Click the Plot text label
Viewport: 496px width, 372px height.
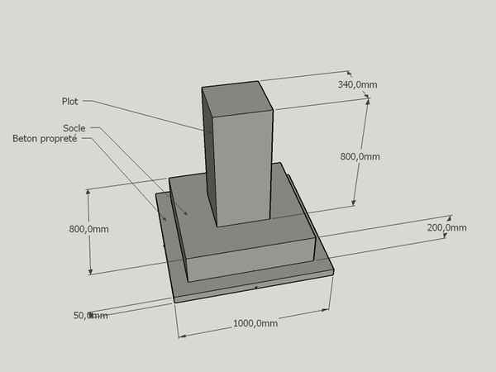tap(69, 101)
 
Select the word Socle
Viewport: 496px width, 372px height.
tap(74, 128)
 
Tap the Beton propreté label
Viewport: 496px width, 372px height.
tap(45, 139)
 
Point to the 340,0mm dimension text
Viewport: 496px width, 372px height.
tap(357, 85)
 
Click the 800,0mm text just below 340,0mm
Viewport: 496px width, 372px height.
tap(360, 156)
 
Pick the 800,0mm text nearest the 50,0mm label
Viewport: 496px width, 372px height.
tap(89, 229)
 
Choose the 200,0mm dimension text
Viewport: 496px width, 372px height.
tap(446, 228)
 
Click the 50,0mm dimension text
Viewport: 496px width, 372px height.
tap(90, 316)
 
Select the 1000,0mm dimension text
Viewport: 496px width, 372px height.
tap(255, 323)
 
